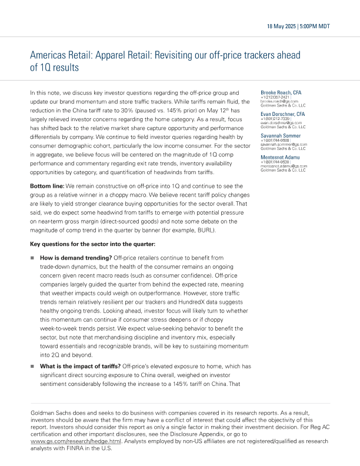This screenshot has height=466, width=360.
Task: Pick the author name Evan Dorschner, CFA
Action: point(282,114)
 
